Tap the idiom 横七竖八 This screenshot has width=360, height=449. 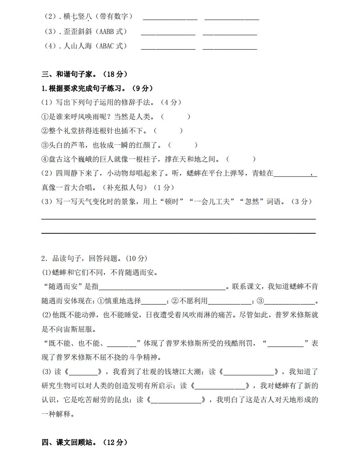[x=78, y=17]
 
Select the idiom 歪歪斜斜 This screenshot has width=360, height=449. [x=78, y=32]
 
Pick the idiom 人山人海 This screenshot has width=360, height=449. [x=78, y=46]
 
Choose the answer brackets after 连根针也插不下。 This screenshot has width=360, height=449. [x=168, y=131]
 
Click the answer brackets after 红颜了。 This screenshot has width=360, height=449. [x=183, y=145]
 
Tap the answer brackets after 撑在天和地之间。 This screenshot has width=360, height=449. [x=241, y=159]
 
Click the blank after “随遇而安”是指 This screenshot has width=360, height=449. [x=162, y=287]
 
